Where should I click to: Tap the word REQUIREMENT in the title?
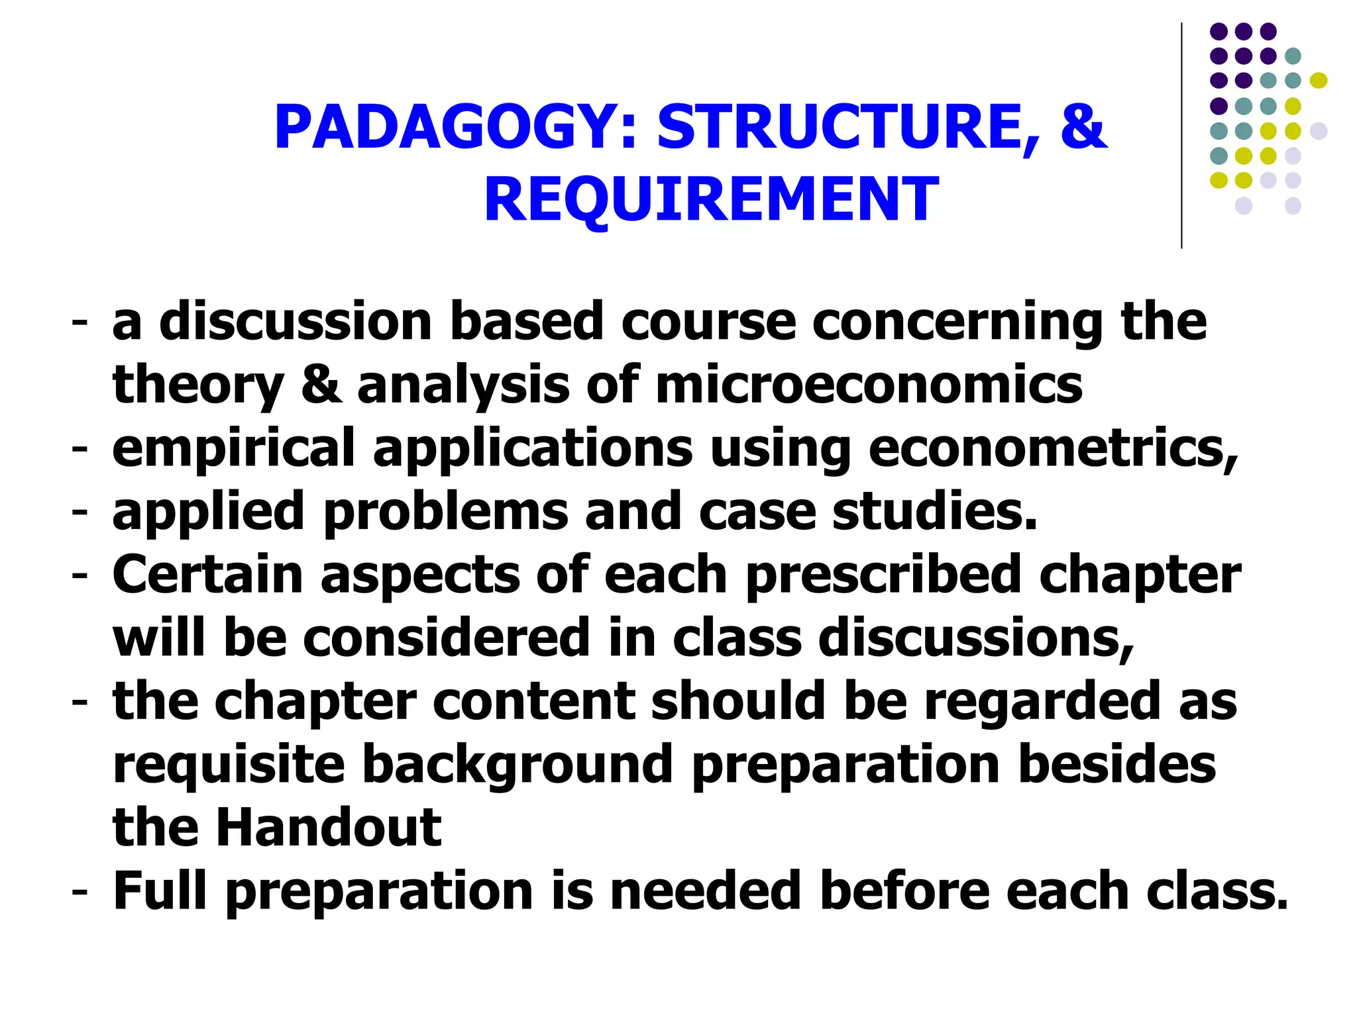pos(711,199)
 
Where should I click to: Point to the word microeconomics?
pos(869,385)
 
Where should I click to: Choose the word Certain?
pos(207,575)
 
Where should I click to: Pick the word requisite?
pos(229,765)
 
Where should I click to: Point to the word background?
pos(517,765)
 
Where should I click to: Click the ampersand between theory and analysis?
pos(321,385)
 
